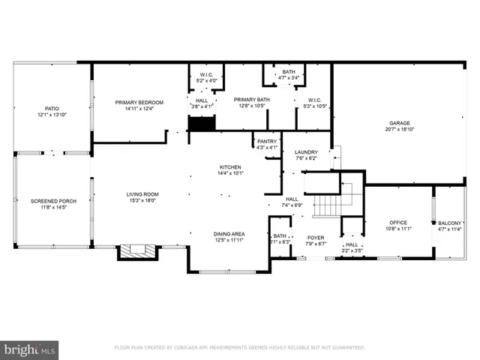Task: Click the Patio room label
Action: tap(52, 108)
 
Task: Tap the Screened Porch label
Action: tap(49, 201)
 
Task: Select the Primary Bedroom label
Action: tap(139, 102)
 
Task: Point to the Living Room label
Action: tap(142, 194)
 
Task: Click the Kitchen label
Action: tap(229, 166)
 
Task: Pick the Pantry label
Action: tap(267, 141)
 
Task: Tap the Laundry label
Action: tap(306, 151)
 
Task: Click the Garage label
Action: tap(399, 123)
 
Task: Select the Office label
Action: tap(397, 223)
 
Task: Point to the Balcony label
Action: tap(450, 223)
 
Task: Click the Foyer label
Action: tap(316, 237)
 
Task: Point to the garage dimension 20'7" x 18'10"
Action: tap(399, 130)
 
